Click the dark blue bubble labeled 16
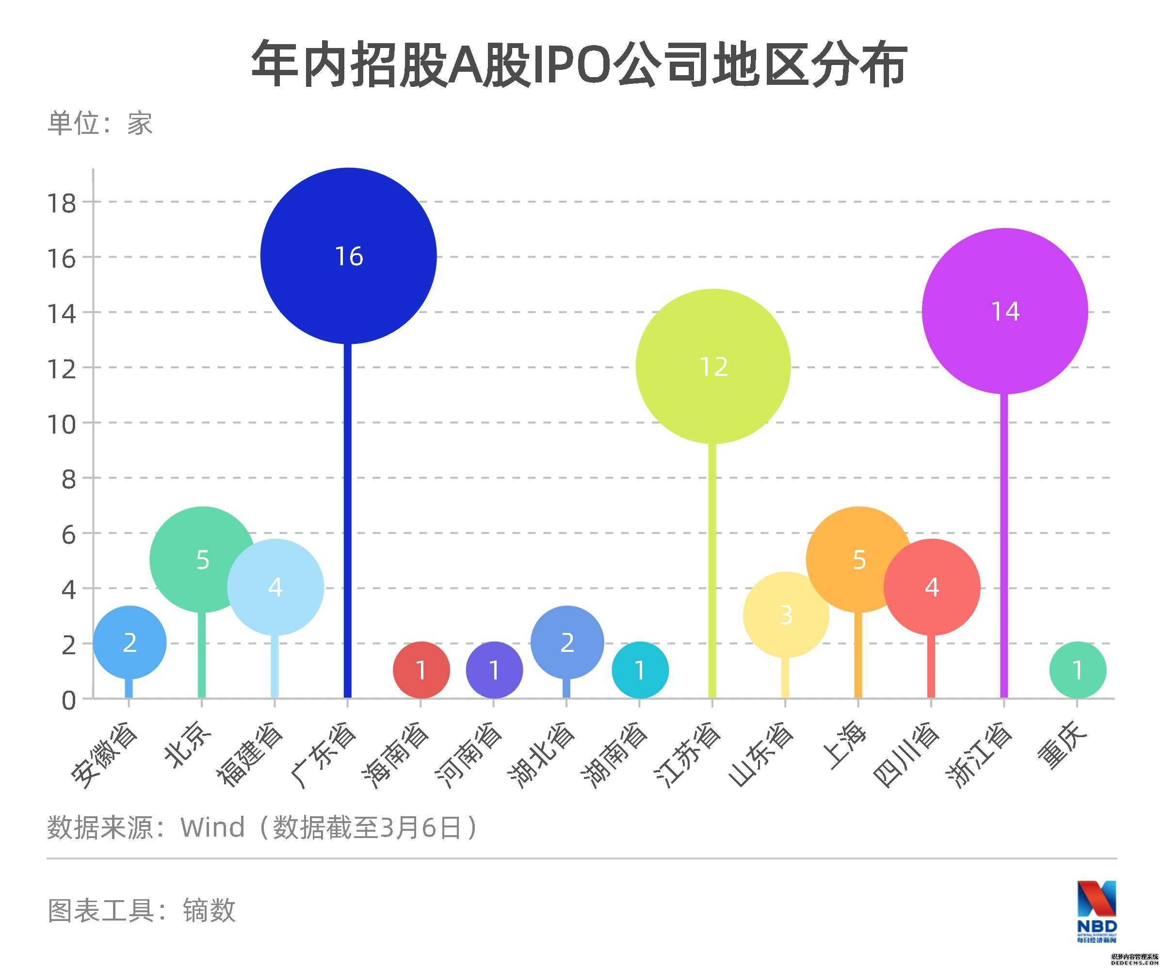pos(348,256)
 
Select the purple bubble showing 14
pos(1004,311)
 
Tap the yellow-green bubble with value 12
pos(713,366)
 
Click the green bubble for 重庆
pos(1078,670)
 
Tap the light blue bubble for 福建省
pos(275,587)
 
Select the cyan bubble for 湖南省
pos(640,670)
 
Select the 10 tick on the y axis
pos(62,424)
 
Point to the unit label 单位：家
pos(100,123)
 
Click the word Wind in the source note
pos(212,827)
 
